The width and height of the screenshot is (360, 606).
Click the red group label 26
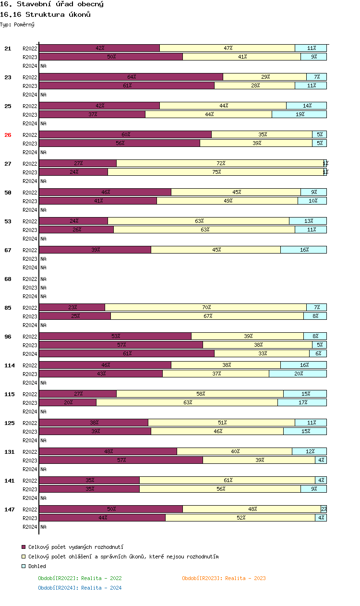(8, 135)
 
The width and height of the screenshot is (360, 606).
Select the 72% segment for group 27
(220, 163)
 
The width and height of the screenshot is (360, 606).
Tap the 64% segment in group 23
(131, 77)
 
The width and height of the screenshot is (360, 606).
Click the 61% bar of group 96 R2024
(127, 353)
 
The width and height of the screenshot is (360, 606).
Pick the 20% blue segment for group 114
(298, 374)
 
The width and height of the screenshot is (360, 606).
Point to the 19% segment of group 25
(299, 114)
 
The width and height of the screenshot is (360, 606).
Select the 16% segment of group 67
(303, 250)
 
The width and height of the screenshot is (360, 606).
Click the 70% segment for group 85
(205, 307)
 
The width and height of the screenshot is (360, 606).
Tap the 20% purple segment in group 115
(68, 402)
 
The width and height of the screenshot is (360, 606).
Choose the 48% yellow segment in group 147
(252, 509)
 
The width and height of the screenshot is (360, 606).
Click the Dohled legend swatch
(24, 566)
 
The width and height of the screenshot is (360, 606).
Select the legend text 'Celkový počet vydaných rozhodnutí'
(76, 547)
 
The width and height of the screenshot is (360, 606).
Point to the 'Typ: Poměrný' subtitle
(17, 24)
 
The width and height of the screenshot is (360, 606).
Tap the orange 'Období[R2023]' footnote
(224, 578)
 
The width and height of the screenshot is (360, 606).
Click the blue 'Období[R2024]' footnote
(80, 588)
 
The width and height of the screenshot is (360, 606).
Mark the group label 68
(8, 279)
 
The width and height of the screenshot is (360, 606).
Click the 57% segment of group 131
(121, 460)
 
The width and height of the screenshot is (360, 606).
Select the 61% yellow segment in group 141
(227, 480)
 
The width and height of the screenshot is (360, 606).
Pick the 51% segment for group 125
(221, 423)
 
